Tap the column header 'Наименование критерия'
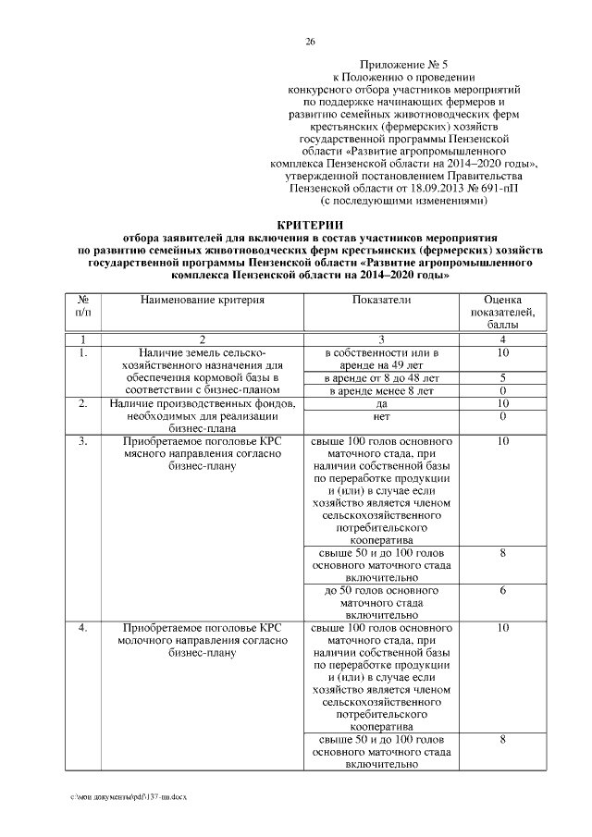tap(203, 301)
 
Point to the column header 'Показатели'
tap(381, 301)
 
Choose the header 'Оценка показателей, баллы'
tap(502, 313)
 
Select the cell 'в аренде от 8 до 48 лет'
tap(381, 378)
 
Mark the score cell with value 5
tap(502, 378)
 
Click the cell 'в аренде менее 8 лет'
tap(381, 391)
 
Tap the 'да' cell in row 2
tap(381, 404)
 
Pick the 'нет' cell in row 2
tap(381, 417)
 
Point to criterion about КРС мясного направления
tap(203, 454)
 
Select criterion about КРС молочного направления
tap(203, 639)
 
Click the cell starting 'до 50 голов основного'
tap(381, 601)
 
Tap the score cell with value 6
tap(502, 590)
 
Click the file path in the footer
tap(129, 796)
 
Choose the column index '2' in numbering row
tap(203, 339)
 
